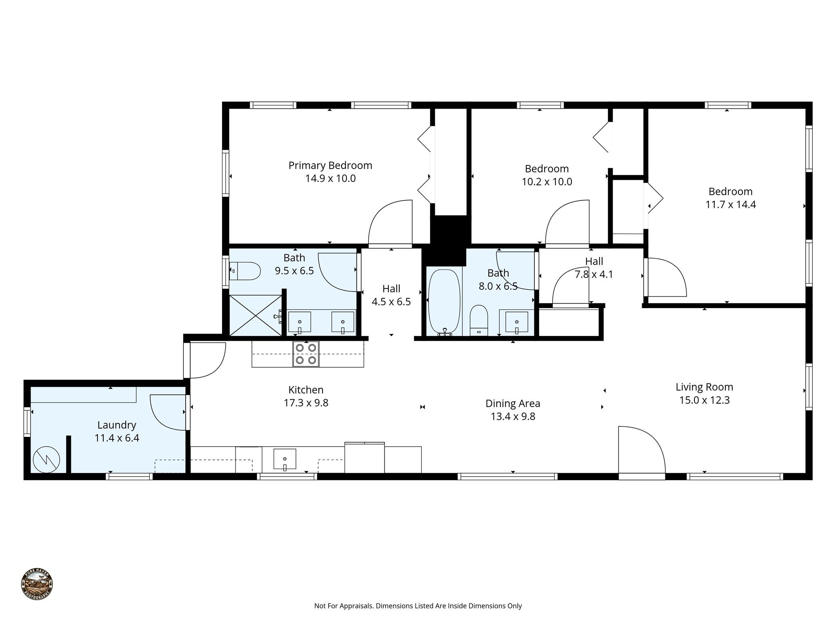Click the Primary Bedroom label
click(330, 165)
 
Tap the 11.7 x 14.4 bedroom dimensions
click(731, 205)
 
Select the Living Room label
click(704, 387)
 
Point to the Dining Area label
click(513, 403)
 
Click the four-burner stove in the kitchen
click(306, 354)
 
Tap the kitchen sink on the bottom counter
click(285, 459)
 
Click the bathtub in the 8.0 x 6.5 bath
click(444, 302)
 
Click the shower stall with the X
click(255, 315)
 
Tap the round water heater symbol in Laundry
click(46, 460)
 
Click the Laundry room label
click(117, 425)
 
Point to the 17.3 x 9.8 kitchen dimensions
click(306, 403)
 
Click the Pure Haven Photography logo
click(37, 584)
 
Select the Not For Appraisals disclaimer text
click(418, 606)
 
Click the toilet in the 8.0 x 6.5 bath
click(479, 320)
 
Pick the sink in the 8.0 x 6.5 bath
click(517, 322)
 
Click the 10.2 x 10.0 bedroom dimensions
click(547, 182)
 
